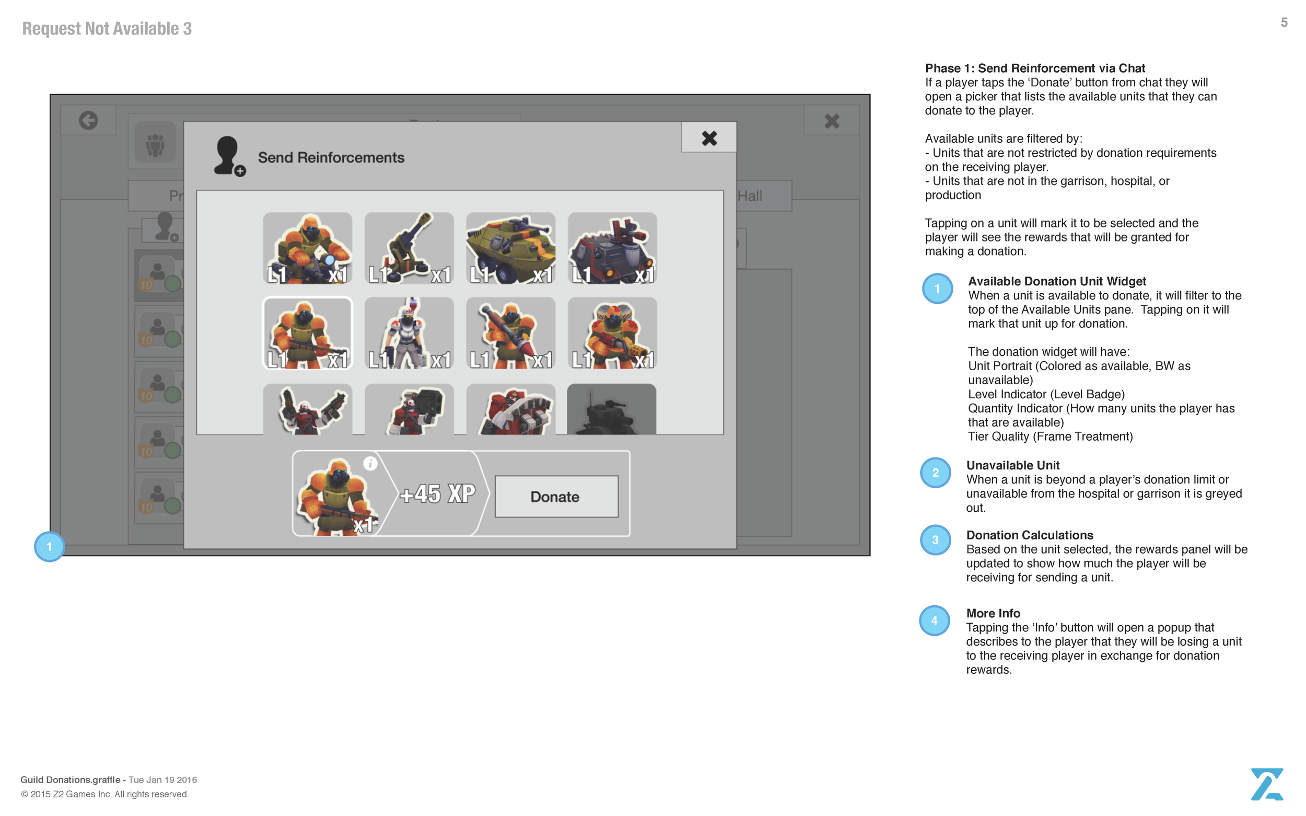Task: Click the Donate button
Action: tap(556, 497)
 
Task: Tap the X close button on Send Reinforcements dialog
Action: tap(708, 138)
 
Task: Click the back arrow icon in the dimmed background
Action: tap(88, 120)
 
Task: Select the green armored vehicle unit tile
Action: tap(510, 248)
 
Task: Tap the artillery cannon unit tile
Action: tap(409, 248)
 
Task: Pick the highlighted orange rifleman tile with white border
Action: tap(307, 333)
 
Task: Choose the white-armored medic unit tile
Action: tap(409, 333)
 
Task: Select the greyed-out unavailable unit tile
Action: tap(612, 409)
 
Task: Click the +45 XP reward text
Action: tap(437, 494)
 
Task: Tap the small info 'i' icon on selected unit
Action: tap(370, 463)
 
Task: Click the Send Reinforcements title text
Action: tap(331, 157)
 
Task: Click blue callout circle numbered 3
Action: tap(935, 539)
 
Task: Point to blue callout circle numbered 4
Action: tap(935, 620)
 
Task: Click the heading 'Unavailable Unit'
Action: tap(1012, 465)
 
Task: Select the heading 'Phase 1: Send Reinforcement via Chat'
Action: tap(1034, 68)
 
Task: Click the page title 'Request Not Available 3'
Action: tap(107, 29)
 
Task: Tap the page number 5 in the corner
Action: tap(1284, 22)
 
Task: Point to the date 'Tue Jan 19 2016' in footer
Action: tap(162, 779)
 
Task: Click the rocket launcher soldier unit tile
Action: tap(510, 333)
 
